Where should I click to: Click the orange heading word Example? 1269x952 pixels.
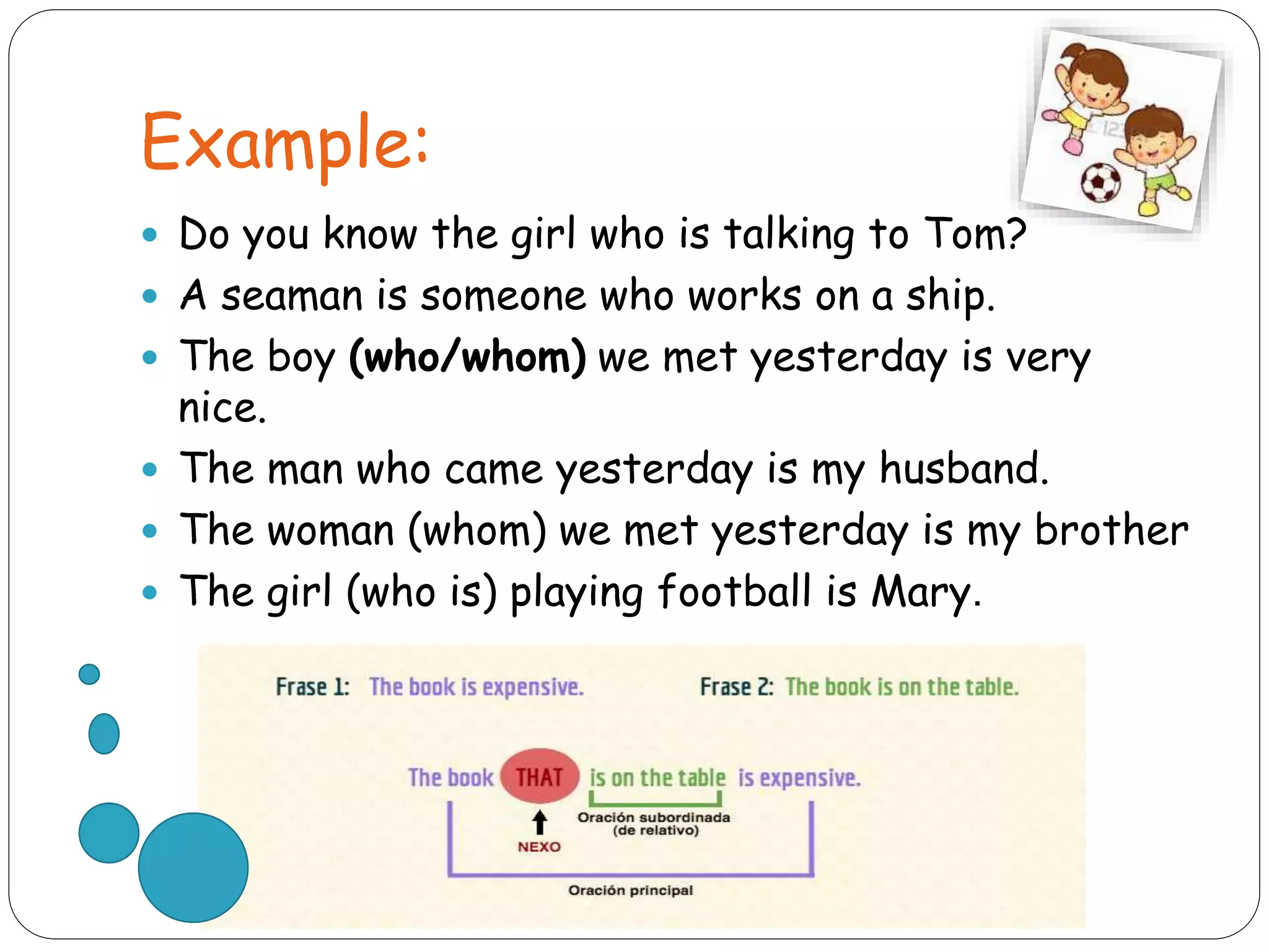[x=285, y=144]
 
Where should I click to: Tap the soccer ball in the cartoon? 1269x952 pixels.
[x=1100, y=182]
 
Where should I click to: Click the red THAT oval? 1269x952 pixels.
[x=540, y=777]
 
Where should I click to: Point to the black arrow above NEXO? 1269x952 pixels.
[x=540, y=822]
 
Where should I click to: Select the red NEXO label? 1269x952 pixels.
[x=539, y=847]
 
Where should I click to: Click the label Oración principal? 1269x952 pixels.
[x=630, y=890]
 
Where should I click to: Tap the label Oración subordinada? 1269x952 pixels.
[x=654, y=818]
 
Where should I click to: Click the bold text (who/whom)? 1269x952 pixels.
[x=467, y=357]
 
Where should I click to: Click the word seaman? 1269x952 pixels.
[x=292, y=296]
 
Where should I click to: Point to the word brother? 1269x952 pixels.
[x=1112, y=530]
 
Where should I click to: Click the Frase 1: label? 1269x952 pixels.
[x=312, y=687]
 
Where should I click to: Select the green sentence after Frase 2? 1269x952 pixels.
[x=902, y=687]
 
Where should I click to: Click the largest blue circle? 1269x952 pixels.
[x=193, y=867]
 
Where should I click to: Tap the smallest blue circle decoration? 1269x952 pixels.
[x=89, y=674]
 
